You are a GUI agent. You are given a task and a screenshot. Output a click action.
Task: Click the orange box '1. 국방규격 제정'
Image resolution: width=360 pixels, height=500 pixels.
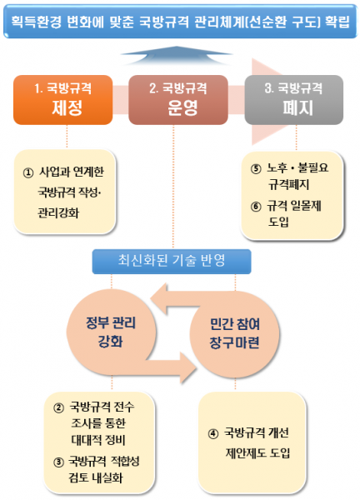tap(62, 100)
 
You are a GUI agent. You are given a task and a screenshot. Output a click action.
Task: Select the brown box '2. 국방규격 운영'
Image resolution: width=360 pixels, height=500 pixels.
tap(178, 100)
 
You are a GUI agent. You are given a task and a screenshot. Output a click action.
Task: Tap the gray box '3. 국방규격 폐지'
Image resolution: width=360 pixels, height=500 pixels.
tap(293, 100)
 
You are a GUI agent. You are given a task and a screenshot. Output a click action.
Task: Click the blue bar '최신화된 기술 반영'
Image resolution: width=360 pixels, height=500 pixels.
tap(172, 262)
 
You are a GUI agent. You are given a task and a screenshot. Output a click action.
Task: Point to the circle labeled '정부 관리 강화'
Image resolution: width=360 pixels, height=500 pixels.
tap(111, 332)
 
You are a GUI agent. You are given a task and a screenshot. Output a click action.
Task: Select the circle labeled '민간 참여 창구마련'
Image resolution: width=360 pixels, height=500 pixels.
tap(235, 334)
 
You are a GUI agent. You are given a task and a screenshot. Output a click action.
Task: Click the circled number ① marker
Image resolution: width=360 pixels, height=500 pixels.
tap(28, 172)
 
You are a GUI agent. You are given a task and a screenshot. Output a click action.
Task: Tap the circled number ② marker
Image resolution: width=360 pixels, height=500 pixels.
tap(58, 407)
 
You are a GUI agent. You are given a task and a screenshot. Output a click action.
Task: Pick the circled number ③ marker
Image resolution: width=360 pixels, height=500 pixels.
tap(58, 462)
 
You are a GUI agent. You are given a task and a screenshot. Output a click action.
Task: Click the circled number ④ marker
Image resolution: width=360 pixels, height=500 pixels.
tap(213, 433)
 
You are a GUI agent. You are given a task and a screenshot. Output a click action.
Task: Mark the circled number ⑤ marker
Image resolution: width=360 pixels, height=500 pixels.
tap(256, 168)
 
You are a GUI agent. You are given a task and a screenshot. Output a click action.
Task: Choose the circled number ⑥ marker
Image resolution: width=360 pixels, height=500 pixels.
tap(256, 207)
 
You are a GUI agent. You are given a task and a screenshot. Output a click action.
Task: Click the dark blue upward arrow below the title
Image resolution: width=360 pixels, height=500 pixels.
tap(177, 56)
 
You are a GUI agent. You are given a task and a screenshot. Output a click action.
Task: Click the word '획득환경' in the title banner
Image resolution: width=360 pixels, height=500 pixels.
tap(36, 22)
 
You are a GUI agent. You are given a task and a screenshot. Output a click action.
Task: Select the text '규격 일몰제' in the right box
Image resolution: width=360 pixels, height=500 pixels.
tap(294, 206)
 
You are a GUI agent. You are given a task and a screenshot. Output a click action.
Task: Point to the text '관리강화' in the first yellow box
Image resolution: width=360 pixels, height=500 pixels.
tap(58, 213)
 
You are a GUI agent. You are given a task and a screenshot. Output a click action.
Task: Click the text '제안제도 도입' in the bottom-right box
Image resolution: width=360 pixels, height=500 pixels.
tap(257, 452)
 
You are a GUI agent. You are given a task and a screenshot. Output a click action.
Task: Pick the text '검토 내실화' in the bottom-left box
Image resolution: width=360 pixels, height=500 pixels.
tap(96, 477)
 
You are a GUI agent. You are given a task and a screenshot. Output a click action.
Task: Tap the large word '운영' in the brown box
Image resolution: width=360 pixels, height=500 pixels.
tap(182, 107)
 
